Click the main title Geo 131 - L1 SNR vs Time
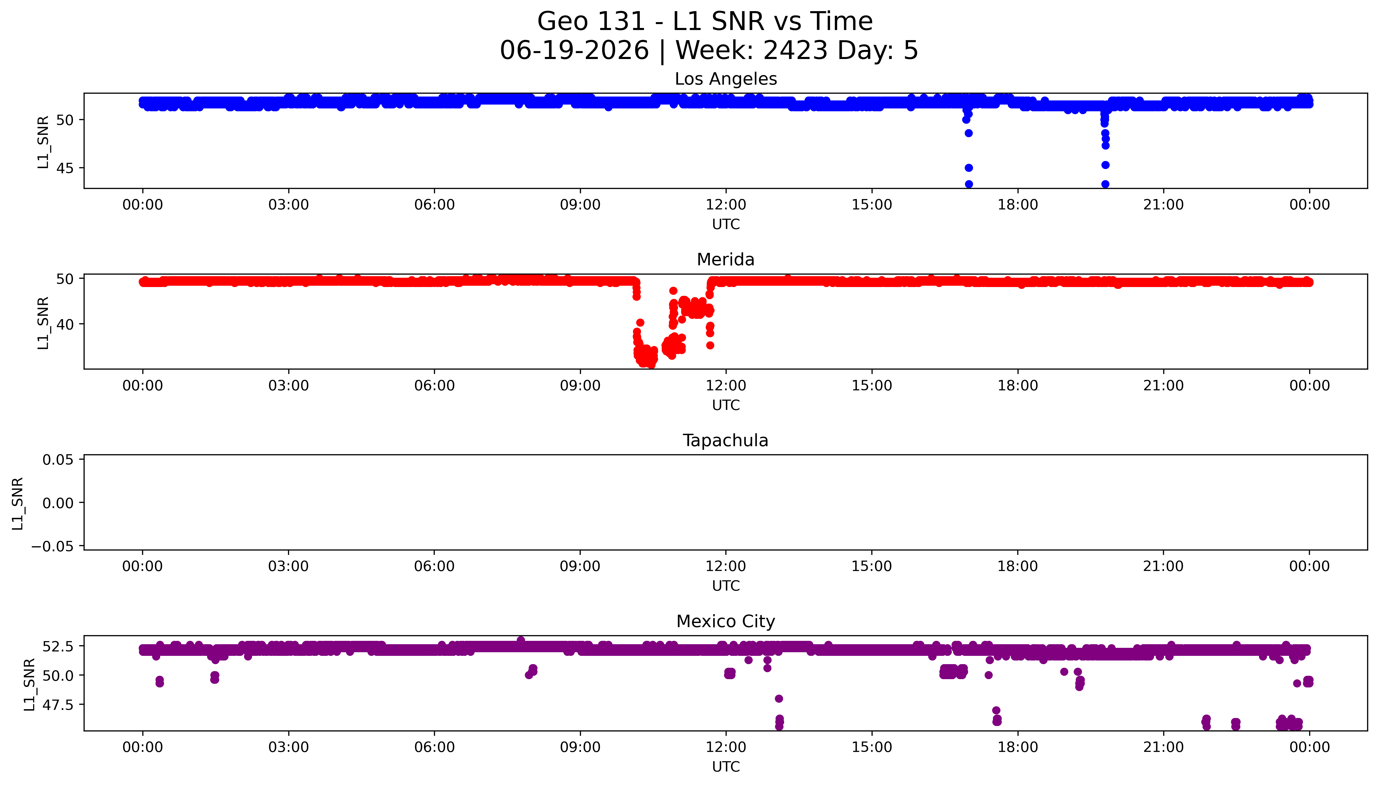click(x=705, y=21)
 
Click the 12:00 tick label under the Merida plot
click(x=726, y=385)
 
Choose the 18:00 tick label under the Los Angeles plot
click(x=1018, y=205)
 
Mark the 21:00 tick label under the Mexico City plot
click(x=1163, y=747)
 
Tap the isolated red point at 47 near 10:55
click(x=673, y=291)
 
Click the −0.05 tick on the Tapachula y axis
click(x=53, y=547)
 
